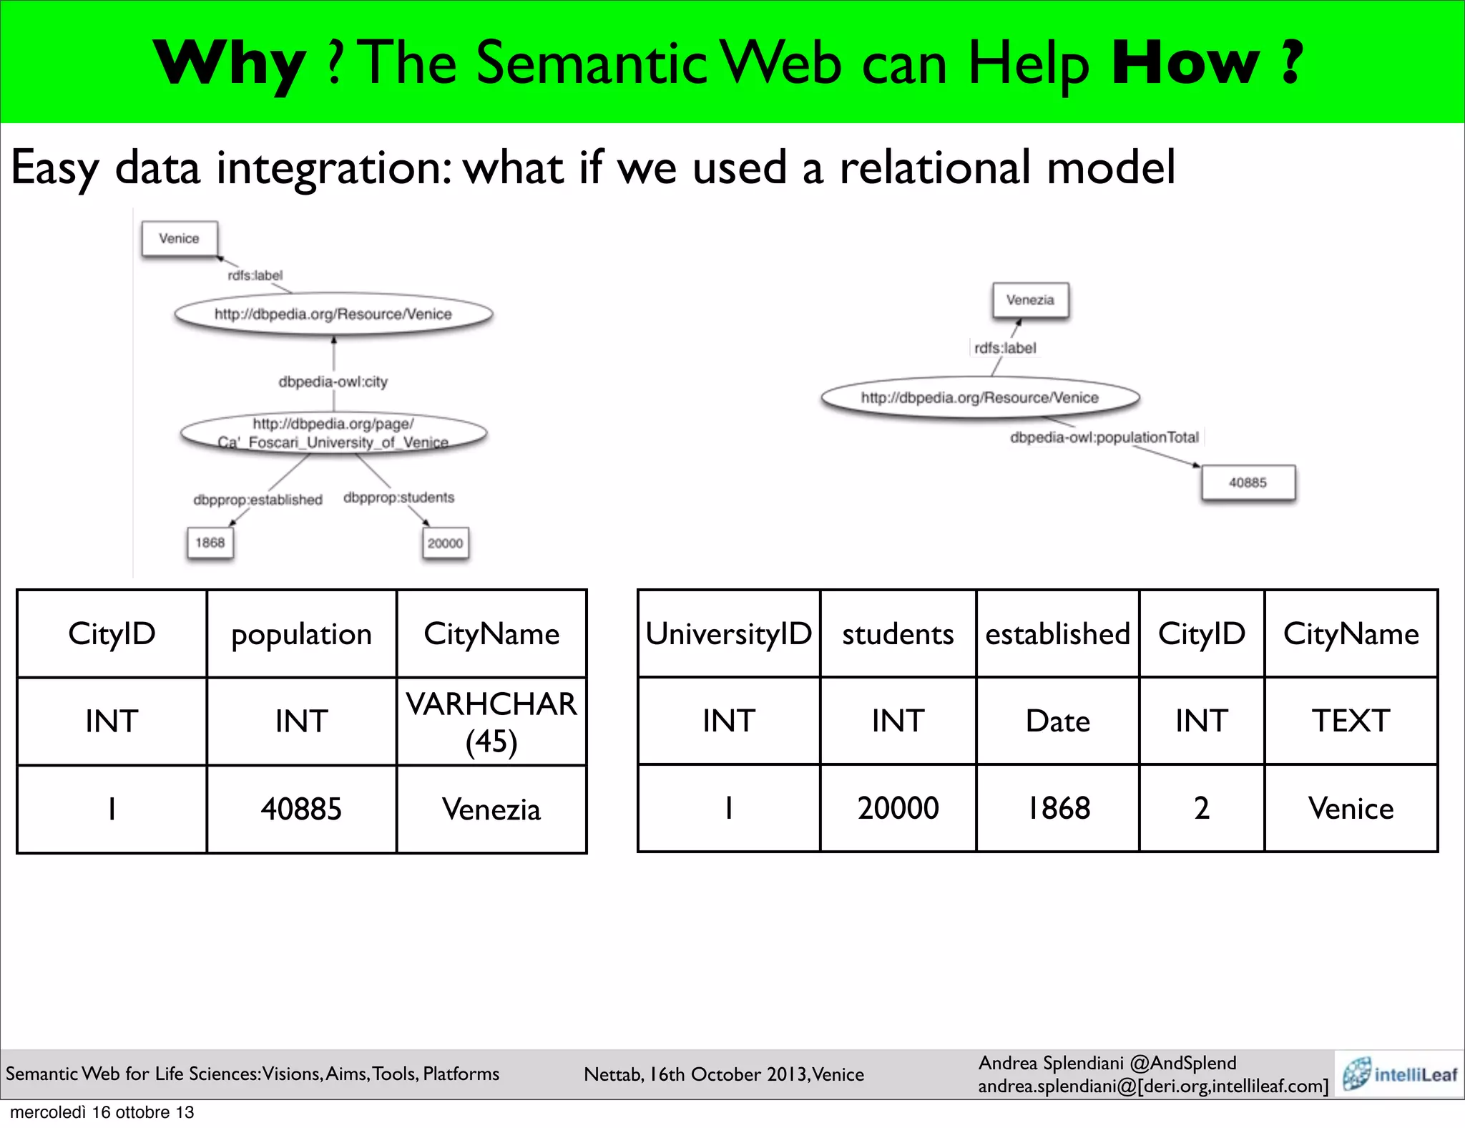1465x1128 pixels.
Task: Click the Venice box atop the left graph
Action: coord(179,238)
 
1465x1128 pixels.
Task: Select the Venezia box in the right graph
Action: coord(1030,300)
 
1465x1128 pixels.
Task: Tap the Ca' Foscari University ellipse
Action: coord(333,433)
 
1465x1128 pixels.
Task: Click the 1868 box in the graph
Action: coord(210,543)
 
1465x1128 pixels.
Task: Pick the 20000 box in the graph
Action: coord(445,543)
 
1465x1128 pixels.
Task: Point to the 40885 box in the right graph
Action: coord(1248,482)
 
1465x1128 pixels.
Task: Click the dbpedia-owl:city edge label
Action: coord(333,381)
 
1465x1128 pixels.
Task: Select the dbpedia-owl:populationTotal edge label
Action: coord(1104,437)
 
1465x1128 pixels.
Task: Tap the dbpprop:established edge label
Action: coord(258,500)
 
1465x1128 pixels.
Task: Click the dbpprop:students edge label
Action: coord(398,497)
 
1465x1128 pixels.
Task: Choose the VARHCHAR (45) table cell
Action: coord(491,721)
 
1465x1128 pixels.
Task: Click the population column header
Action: coord(301,634)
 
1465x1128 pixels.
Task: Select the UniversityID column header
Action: coord(728,634)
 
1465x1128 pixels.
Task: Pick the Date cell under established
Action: coord(1057,721)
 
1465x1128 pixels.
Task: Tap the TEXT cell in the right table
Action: coord(1351,721)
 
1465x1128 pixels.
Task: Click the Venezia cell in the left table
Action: coord(491,809)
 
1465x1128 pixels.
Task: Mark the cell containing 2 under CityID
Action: coord(1202,808)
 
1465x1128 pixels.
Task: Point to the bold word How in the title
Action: coord(1185,63)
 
